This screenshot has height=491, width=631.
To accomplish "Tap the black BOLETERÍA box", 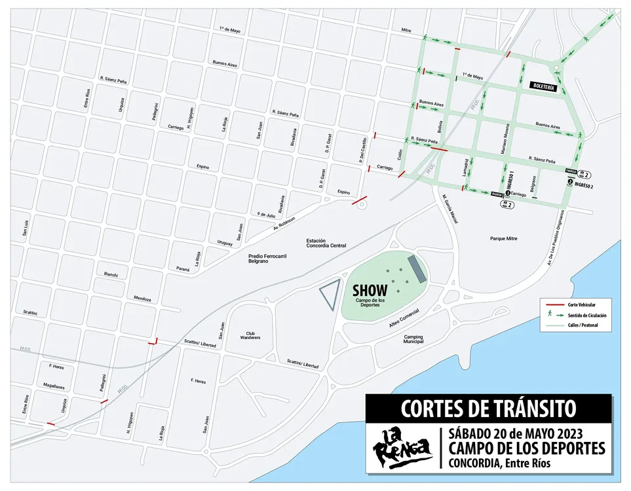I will click(544, 86).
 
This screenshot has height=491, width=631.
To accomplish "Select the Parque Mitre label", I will click(504, 238).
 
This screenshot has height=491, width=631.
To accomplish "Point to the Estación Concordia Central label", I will click(326, 244).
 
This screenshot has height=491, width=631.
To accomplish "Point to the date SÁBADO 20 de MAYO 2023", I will click(526, 434).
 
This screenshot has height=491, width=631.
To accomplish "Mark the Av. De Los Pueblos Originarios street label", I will click(554, 235).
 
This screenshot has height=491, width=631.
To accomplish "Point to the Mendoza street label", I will click(142, 297).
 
